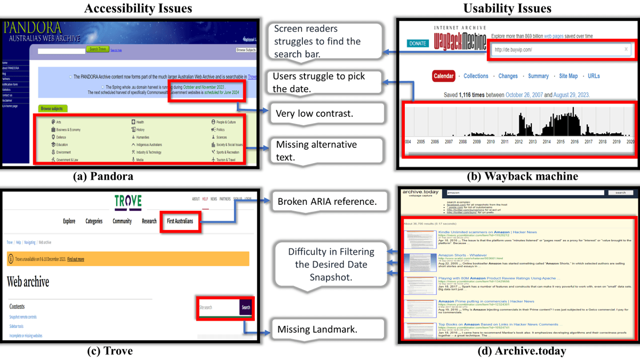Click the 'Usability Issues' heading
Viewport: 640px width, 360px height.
[x=507, y=8]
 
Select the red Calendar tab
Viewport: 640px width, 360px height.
[x=443, y=76]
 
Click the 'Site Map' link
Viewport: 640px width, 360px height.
[x=568, y=76]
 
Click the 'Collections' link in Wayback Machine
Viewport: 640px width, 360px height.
[x=476, y=76]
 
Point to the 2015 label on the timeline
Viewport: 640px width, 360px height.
[x=561, y=142]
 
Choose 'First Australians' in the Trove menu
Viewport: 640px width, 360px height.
[x=180, y=221]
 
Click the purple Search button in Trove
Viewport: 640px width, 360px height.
[x=245, y=307]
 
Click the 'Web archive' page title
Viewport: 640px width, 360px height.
[x=28, y=282]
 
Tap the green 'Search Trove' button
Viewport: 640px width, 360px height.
[x=97, y=49]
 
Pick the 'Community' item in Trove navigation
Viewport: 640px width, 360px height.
[x=122, y=221]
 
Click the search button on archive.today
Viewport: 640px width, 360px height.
[x=620, y=193]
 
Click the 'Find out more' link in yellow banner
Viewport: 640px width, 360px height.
[x=75, y=259]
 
